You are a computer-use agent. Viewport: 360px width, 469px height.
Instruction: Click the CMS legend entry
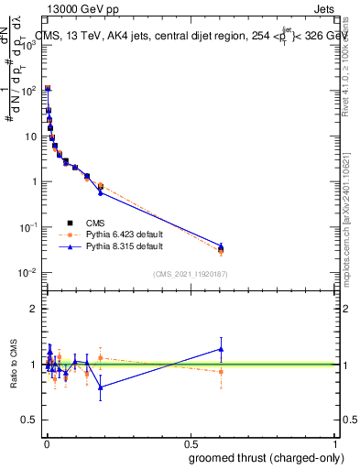94,222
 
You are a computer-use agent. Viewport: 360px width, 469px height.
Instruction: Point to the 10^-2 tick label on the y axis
27,273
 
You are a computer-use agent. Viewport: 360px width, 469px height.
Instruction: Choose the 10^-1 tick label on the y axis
27,227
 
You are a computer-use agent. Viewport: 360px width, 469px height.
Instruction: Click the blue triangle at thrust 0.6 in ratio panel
221,348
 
